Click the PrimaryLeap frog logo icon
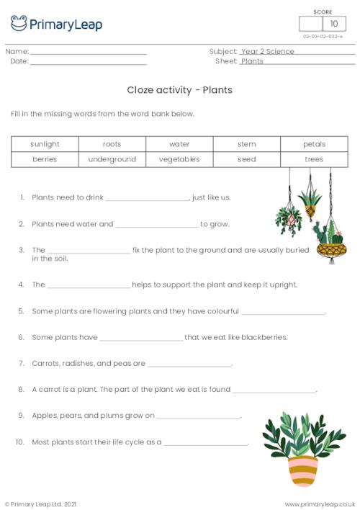(x=19, y=24)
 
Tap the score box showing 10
(x=333, y=24)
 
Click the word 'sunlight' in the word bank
(x=45, y=144)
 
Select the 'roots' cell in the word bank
(x=112, y=144)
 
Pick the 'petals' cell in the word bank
(x=314, y=144)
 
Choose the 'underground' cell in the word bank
(x=112, y=159)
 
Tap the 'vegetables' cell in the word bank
(x=179, y=159)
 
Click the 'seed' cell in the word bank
(x=246, y=159)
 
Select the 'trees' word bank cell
(x=314, y=159)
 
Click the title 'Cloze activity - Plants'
(x=179, y=90)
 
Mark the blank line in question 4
(x=89, y=286)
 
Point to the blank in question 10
(x=206, y=444)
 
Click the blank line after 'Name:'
(x=89, y=53)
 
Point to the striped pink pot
(x=302, y=471)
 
